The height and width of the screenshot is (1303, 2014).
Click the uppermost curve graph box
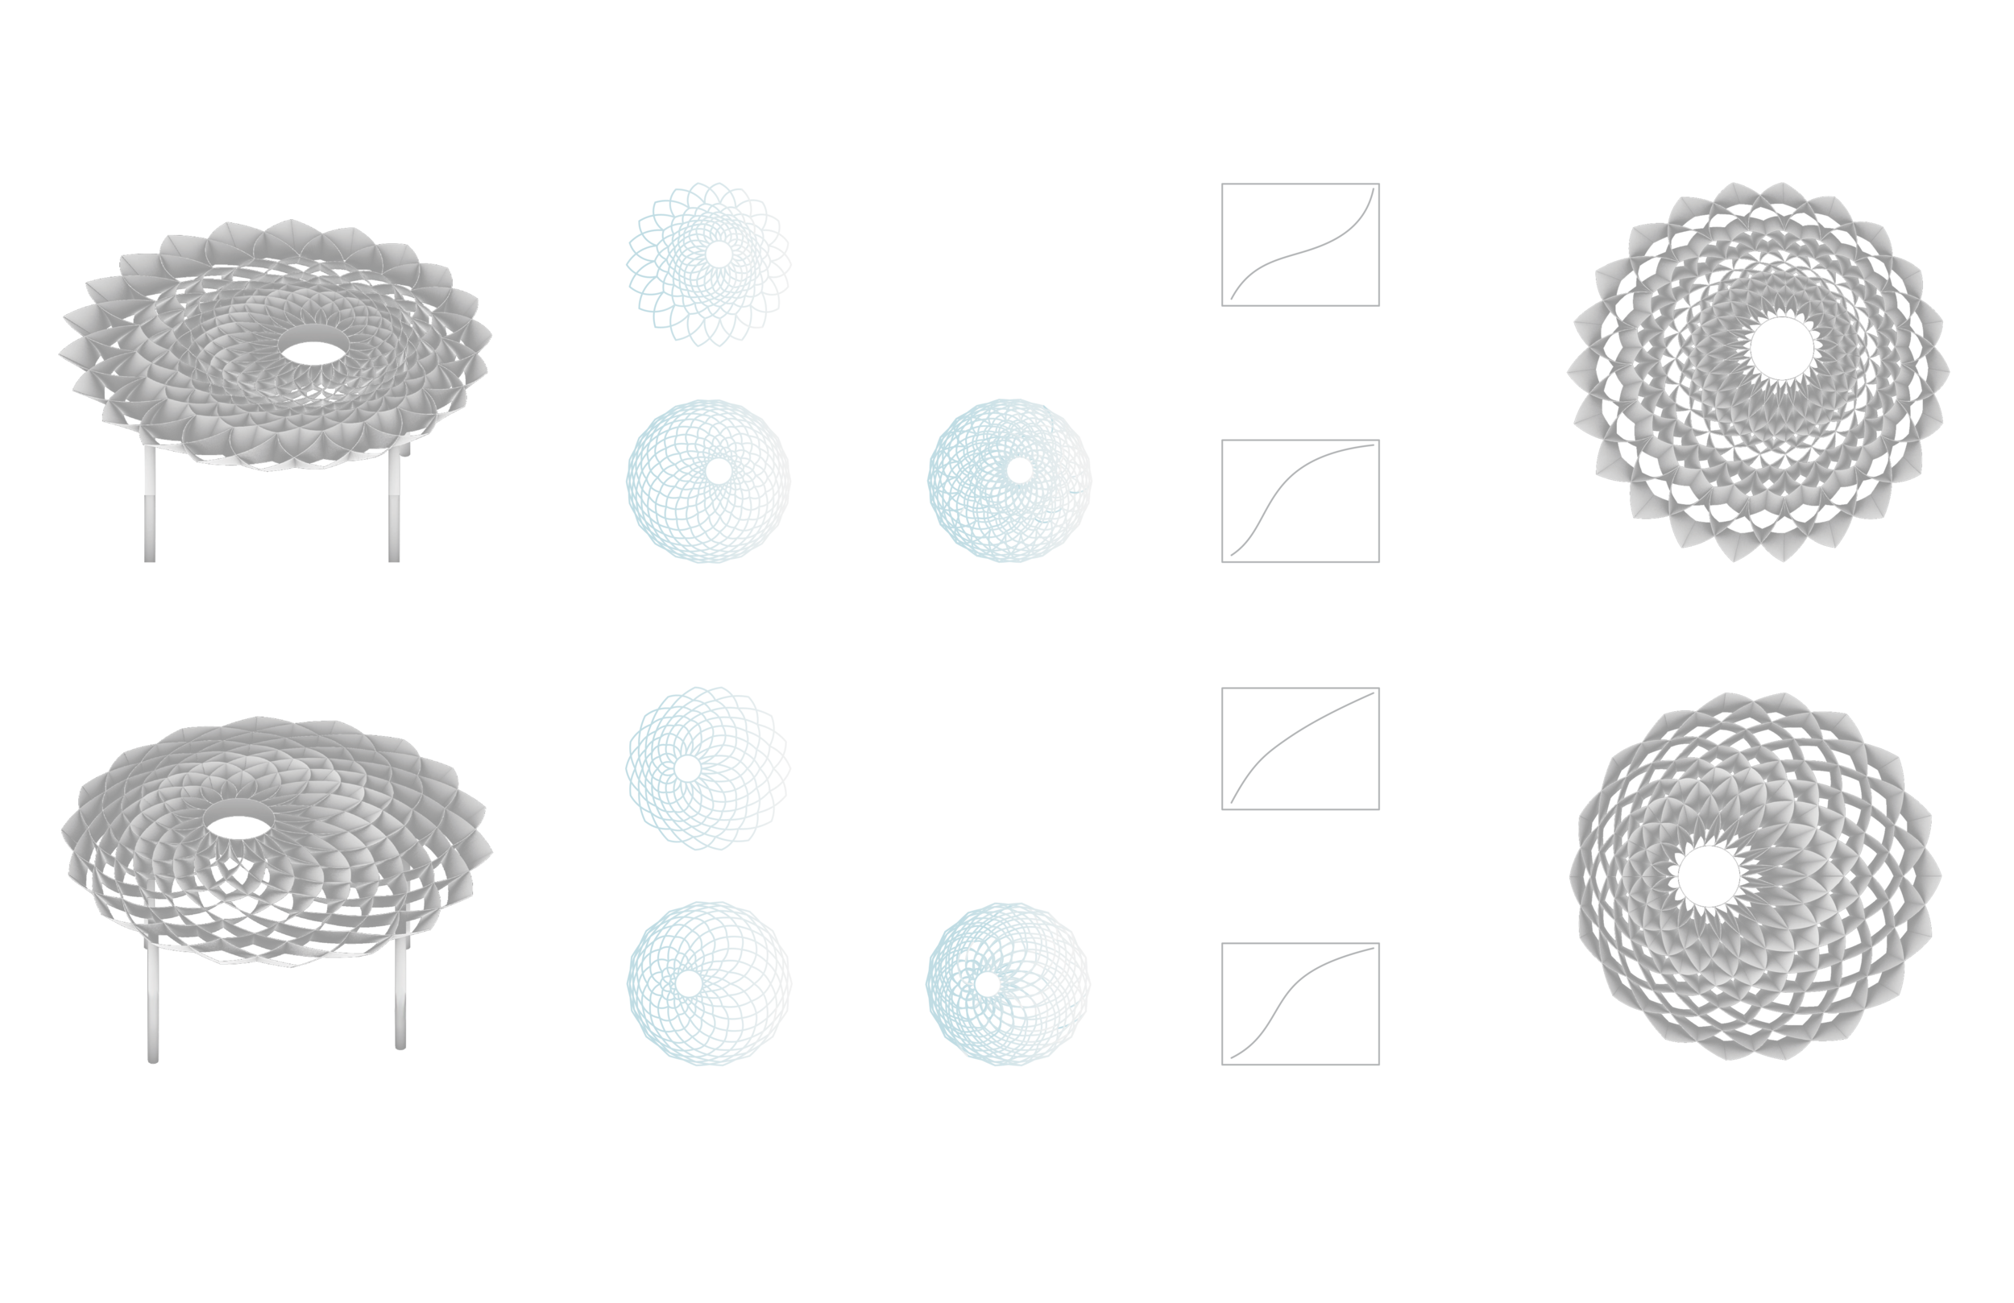[1299, 245]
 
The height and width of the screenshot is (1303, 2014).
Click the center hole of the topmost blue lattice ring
[719, 254]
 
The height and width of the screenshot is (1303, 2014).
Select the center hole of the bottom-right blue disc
[987, 984]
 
